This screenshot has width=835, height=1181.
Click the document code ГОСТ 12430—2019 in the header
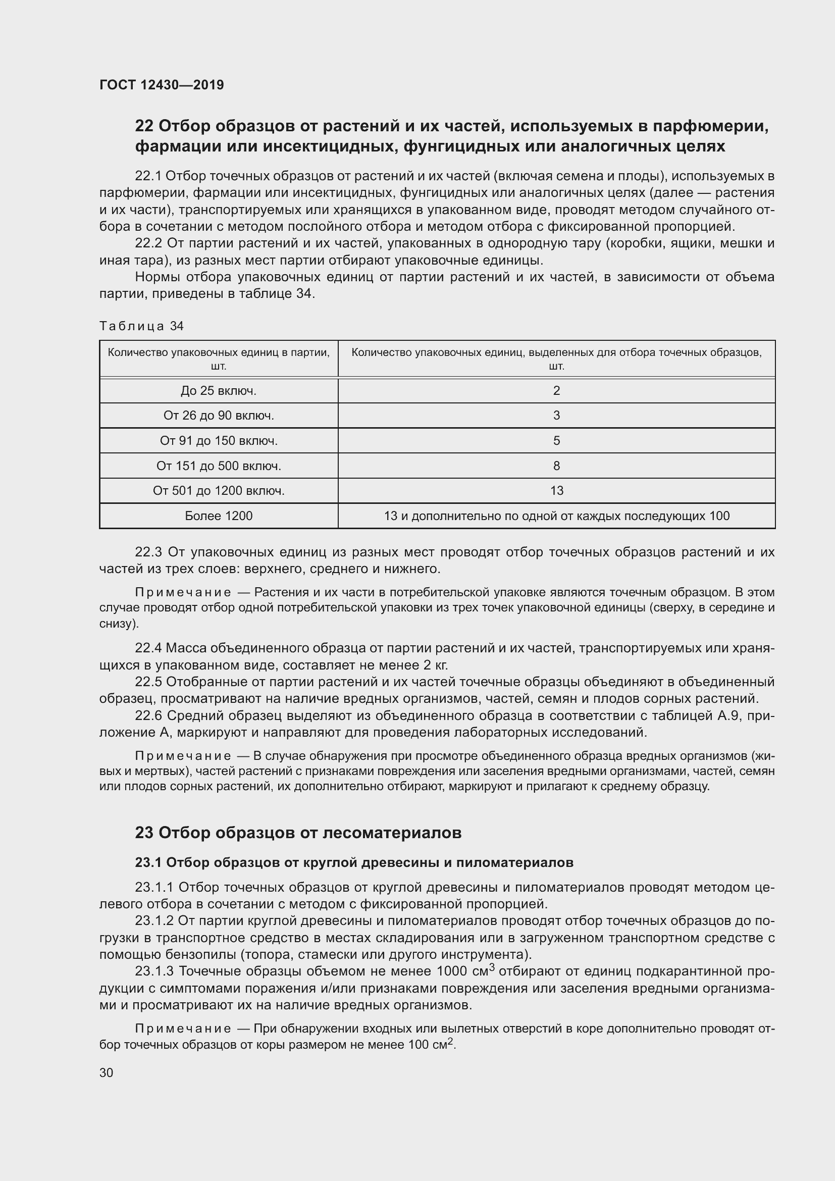coord(162,85)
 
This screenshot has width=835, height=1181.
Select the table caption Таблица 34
coord(141,326)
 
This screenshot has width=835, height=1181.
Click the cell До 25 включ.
coord(219,391)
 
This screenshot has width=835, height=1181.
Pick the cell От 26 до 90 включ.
coord(219,416)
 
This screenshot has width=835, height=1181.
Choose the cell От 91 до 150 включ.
coord(219,441)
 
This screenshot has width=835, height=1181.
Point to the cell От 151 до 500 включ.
coord(219,466)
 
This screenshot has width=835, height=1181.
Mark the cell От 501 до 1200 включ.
coord(219,491)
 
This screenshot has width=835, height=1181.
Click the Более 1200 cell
coord(219,516)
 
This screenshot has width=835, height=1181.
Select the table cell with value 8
coord(556,466)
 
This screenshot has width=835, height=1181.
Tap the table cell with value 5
coord(556,441)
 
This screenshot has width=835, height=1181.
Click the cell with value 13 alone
coord(556,491)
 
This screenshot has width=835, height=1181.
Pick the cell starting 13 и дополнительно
coord(556,516)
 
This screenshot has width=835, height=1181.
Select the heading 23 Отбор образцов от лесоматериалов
coord(298,833)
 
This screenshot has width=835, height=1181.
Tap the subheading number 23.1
coord(148,862)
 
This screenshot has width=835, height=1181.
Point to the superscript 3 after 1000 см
coord(492,967)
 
